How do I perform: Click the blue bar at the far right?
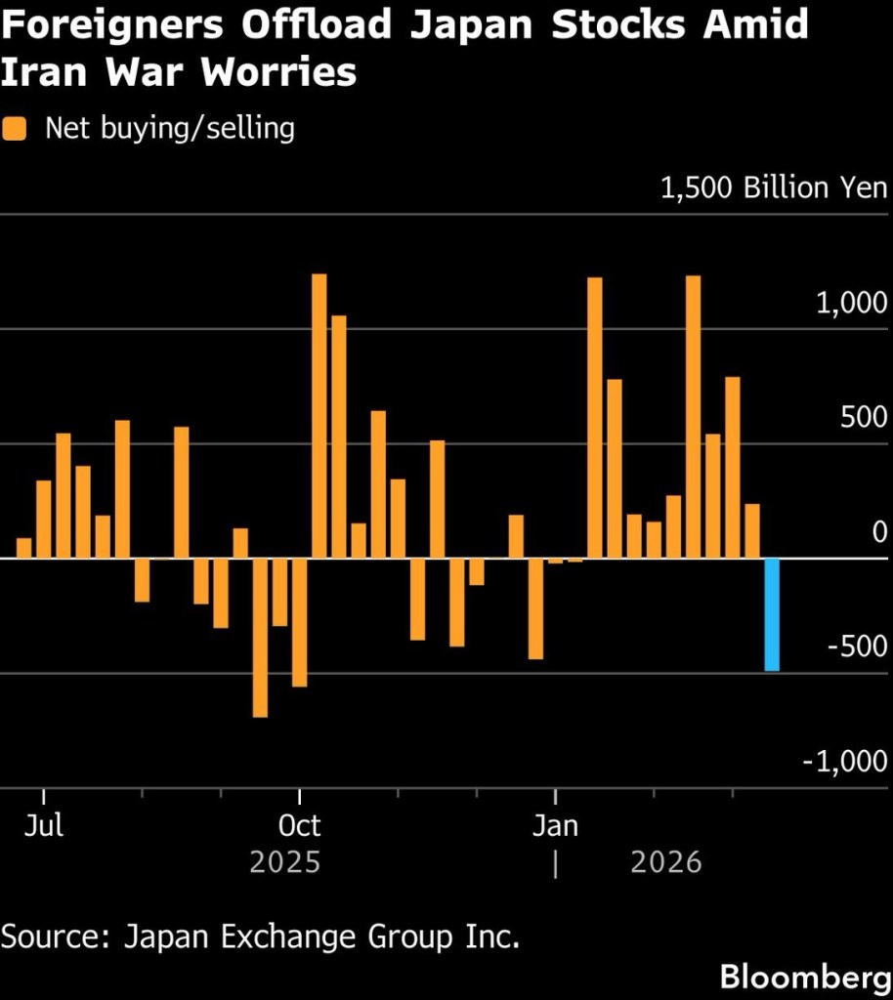772,614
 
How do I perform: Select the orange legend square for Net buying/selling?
16,129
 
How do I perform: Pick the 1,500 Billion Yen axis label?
773,188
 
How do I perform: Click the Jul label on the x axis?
44,826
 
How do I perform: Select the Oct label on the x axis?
299,826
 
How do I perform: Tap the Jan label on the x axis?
555,826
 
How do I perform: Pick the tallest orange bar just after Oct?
319,416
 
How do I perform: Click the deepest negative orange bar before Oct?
260,638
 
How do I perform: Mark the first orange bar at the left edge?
24,548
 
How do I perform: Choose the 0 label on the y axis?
879,532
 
